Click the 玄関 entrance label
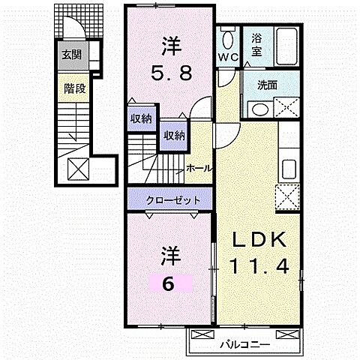tap(72, 54)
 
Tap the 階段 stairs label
tap(73, 88)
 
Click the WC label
tap(228, 57)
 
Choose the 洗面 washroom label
tap(265, 85)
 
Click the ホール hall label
tap(199, 168)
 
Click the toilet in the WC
tap(229, 37)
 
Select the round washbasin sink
tap(259, 108)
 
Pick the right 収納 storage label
tap(175, 136)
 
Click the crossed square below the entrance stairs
tap(76, 168)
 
